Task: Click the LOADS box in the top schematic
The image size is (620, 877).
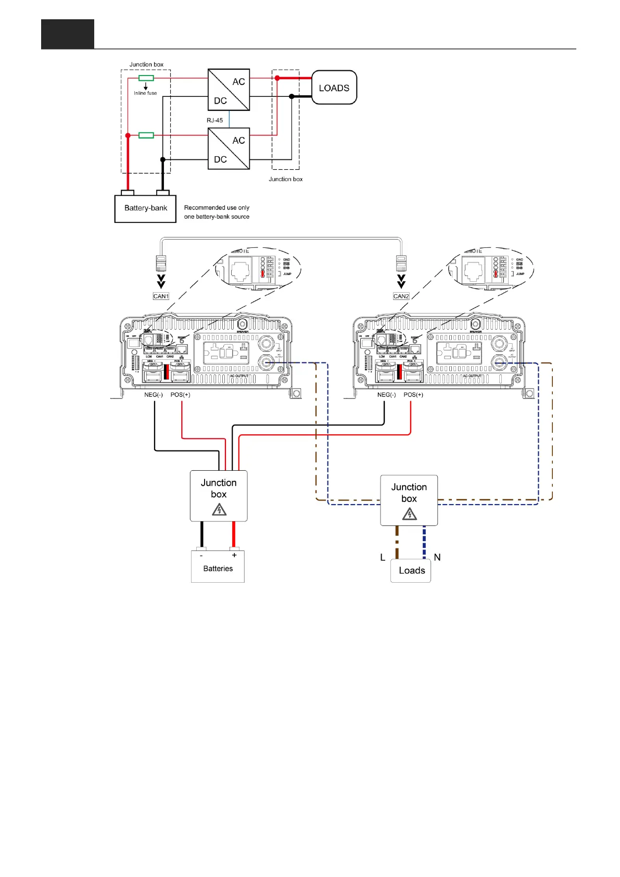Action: coord(334,87)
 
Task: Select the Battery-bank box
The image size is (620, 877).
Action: coord(145,208)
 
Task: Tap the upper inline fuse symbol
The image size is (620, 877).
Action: coord(146,78)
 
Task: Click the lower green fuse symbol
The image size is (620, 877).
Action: coord(146,135)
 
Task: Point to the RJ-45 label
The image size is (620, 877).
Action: coord(214,120)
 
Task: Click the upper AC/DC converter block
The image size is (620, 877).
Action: coord(229,90)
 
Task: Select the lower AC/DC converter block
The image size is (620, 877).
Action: coord(229,148)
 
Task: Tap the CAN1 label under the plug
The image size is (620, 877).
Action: coord(161,296)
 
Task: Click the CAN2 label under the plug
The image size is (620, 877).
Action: coord(401,296)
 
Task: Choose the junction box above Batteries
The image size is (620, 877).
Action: coord(219,496)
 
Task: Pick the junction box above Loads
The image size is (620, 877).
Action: coord(409,500)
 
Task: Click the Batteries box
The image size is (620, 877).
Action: coord(218,567)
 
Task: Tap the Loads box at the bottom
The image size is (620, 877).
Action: coord(411,571)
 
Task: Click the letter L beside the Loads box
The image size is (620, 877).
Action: coord(383,557)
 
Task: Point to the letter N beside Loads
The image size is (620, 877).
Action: coord(437,557)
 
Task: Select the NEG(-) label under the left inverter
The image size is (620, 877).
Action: coord(154,395)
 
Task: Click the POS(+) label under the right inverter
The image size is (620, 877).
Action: coord(413,395)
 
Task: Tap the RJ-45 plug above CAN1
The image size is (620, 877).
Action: coord(161,264)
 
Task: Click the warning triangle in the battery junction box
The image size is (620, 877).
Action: coord(219,510)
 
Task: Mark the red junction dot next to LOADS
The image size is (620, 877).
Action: coord(277,78)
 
